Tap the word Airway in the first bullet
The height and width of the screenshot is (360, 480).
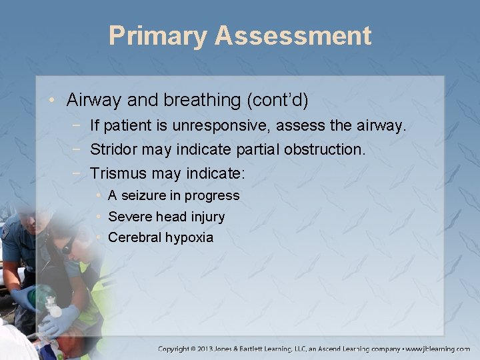pyautogui.click(x=91, y=100)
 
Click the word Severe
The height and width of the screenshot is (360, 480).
pyautogui.click(x=129, y=217)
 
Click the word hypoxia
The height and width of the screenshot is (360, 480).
pyautogui.click(x=189, y=238)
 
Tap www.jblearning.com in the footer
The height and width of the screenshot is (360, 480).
pyautogui.click(x=437, y=348)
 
